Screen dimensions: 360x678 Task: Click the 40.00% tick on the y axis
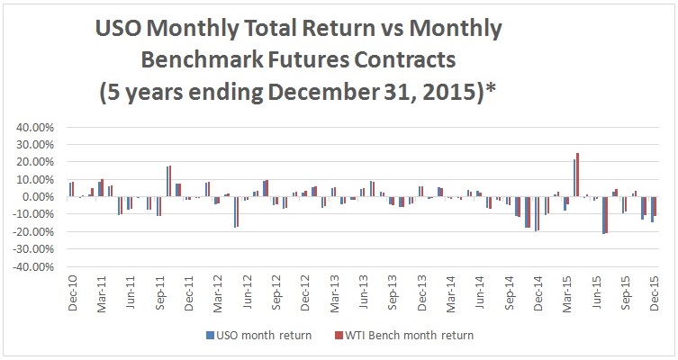point(33,127)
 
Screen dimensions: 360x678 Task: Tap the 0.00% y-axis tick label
point(36,197)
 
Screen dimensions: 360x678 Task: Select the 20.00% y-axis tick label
point(33,162)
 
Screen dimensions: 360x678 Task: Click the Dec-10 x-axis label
point(72,294)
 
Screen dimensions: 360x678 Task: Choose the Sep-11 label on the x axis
point(158,294)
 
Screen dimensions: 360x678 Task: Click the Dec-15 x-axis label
point(655,294)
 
